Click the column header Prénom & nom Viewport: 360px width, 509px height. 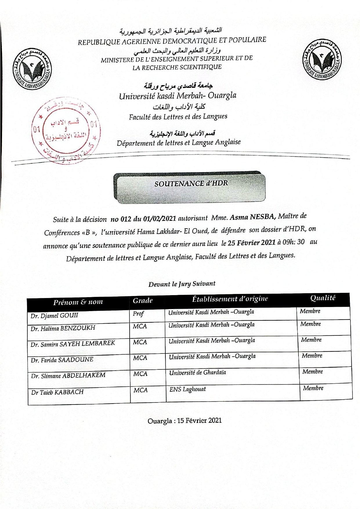tap(78, 302)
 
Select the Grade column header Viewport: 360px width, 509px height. tap(143, 301)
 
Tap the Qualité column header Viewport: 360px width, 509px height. tap(323, 298)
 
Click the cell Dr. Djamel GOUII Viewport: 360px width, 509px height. tap(55, 315)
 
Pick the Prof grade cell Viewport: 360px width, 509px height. tap(138, 314)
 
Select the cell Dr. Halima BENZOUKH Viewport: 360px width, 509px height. tap(63, 328)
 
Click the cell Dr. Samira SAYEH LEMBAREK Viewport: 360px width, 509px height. tap(73, 344)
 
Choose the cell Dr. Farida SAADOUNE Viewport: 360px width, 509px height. tap(62, 360)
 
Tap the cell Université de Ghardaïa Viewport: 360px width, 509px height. tap(198, 373)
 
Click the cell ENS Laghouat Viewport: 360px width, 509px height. tap(187, 389)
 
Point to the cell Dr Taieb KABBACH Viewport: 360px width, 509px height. tap(57, 392)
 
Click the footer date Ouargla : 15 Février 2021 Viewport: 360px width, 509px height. tap(184, 420)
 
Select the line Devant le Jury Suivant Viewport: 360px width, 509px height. tap(182, 284)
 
